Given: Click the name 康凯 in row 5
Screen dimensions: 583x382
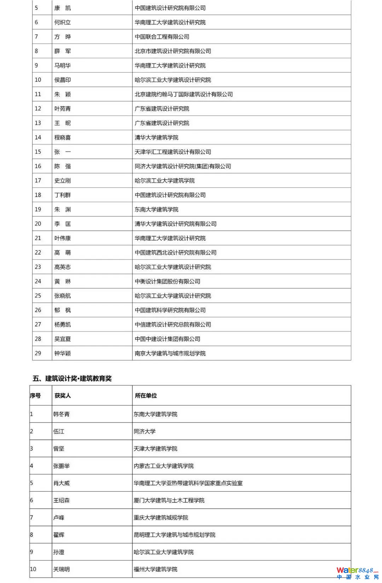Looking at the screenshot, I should [x=63, y=8].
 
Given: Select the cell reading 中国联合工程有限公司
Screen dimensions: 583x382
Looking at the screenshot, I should [x=162, y=36].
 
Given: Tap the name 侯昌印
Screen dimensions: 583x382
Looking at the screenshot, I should [x=63, y=80].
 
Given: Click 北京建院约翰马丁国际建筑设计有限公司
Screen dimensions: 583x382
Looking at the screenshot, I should [x=184, y=94].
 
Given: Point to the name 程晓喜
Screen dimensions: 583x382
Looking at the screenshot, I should [x=63, y=137].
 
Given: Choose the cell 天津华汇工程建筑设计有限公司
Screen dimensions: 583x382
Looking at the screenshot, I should [x=173, y=152].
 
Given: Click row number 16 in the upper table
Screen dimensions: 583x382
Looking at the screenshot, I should [x=38, y=166].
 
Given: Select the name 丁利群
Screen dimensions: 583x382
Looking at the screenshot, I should [x=63, y=195].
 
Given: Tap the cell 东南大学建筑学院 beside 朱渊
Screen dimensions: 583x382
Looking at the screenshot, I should [x=156, y=209].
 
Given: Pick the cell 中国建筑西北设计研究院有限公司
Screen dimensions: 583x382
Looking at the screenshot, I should [x=175, y=252].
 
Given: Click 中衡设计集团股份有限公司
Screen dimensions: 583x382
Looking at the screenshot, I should [x=167, y=281].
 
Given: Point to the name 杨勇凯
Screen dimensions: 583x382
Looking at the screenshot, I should [x=63, y=324].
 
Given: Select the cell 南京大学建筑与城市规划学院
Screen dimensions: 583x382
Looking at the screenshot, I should [x=170, y=353].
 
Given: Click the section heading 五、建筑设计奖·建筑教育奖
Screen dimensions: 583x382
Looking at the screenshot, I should [x=72, y=378].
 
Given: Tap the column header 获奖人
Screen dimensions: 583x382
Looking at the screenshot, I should [x=63, y=395].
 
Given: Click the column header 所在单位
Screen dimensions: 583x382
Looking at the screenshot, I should [x=146, y=395].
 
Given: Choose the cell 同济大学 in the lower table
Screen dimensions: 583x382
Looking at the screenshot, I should [x=145, y=431].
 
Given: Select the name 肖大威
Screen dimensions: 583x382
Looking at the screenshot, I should [x=62, y=483].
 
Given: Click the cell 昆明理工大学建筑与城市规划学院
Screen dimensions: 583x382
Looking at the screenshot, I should [x=174, y=535].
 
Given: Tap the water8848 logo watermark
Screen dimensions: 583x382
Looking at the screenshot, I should [x=357, y=572].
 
